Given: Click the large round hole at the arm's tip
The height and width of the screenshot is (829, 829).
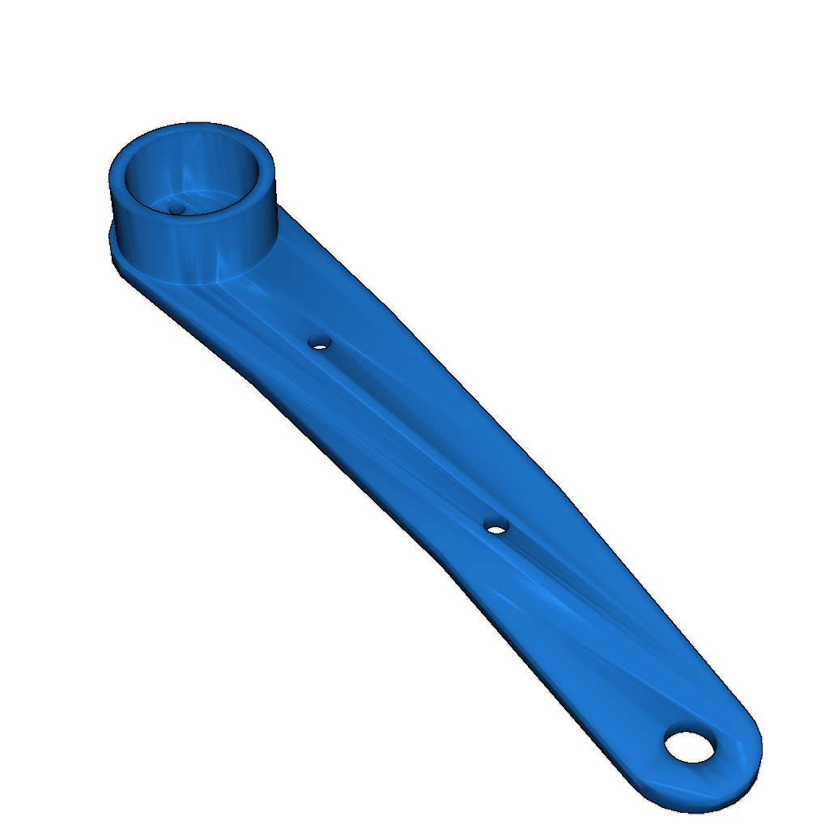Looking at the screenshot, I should tap(690, 746).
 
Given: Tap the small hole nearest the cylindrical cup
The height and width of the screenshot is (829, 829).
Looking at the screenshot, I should tap(321, 343).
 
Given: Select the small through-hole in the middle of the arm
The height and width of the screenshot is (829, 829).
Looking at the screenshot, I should tap(496, 526).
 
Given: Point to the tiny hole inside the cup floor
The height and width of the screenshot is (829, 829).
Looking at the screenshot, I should tap(176, 209).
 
